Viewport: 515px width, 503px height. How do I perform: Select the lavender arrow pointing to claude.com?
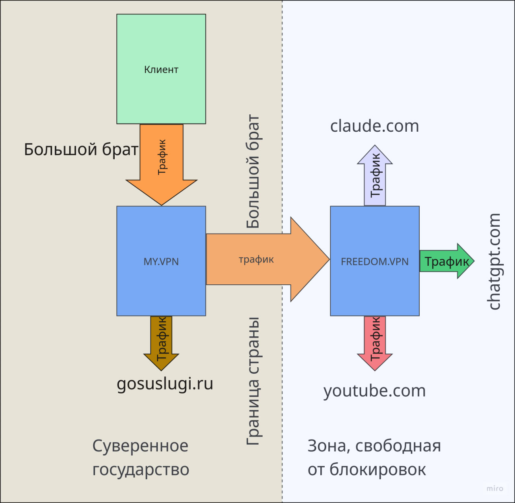[375, 177]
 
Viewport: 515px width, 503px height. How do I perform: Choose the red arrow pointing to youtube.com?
[375, 342]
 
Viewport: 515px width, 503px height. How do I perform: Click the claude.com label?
[375, 126]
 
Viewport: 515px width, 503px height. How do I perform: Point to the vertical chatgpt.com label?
[494, 262]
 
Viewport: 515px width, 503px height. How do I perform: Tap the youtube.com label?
[375, 391]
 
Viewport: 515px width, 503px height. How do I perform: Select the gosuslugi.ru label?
[165, 384]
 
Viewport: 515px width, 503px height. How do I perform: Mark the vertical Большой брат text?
[253, 171]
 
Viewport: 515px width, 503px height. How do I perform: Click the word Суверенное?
[140, 446]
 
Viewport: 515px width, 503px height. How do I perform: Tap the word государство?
[141, 470]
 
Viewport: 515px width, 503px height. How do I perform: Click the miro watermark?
[494, 489]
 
